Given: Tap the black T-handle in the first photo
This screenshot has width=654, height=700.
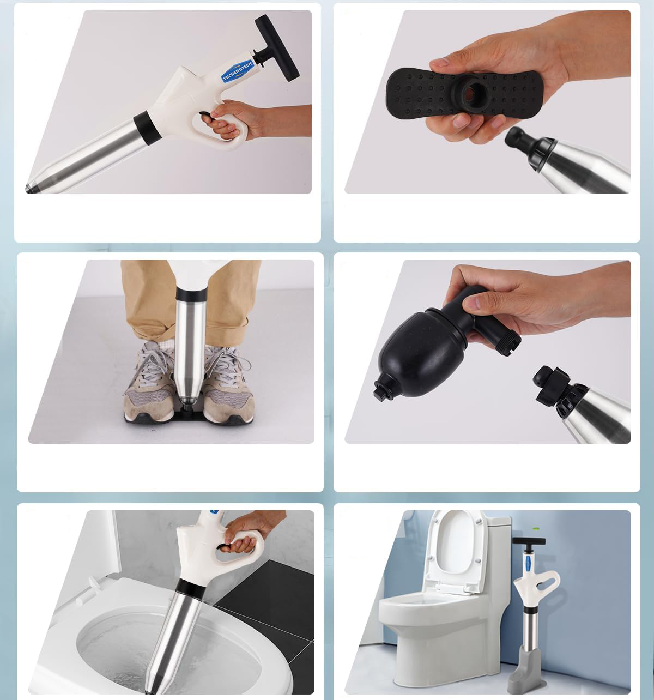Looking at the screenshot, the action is pyautogui.click(x=277, y=47).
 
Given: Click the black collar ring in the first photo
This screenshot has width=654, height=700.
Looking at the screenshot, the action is pyautogui.click(x=145, y=128).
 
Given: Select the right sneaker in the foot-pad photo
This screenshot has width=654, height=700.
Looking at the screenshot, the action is pyautogui.click(x=227, y=384).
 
